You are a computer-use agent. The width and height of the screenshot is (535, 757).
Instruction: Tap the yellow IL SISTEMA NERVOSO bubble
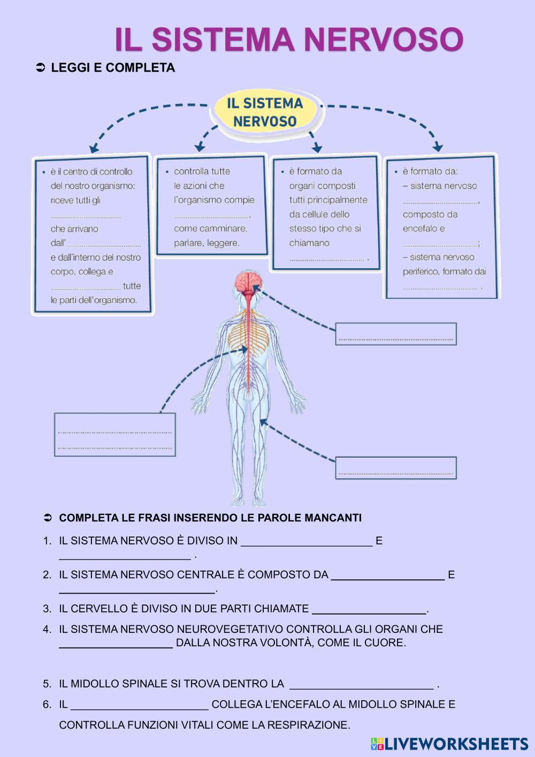click(265, 112)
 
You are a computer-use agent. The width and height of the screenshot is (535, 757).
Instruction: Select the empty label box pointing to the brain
click(396, 334)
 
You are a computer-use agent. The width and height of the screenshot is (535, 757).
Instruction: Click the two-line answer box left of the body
click(115, 434)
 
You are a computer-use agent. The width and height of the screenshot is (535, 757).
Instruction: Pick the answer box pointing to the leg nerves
click(396, 468)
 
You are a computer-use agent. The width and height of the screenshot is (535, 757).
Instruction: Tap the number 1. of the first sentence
click(47, 541)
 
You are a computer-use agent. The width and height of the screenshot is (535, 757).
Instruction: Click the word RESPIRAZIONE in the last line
click(307, 725)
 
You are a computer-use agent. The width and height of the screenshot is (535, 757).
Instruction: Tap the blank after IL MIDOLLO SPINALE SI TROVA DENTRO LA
click(361, 684)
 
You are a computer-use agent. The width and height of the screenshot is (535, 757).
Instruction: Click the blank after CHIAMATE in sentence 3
click(369, 609)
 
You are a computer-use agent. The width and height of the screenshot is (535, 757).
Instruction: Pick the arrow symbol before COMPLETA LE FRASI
click(47, 518)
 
